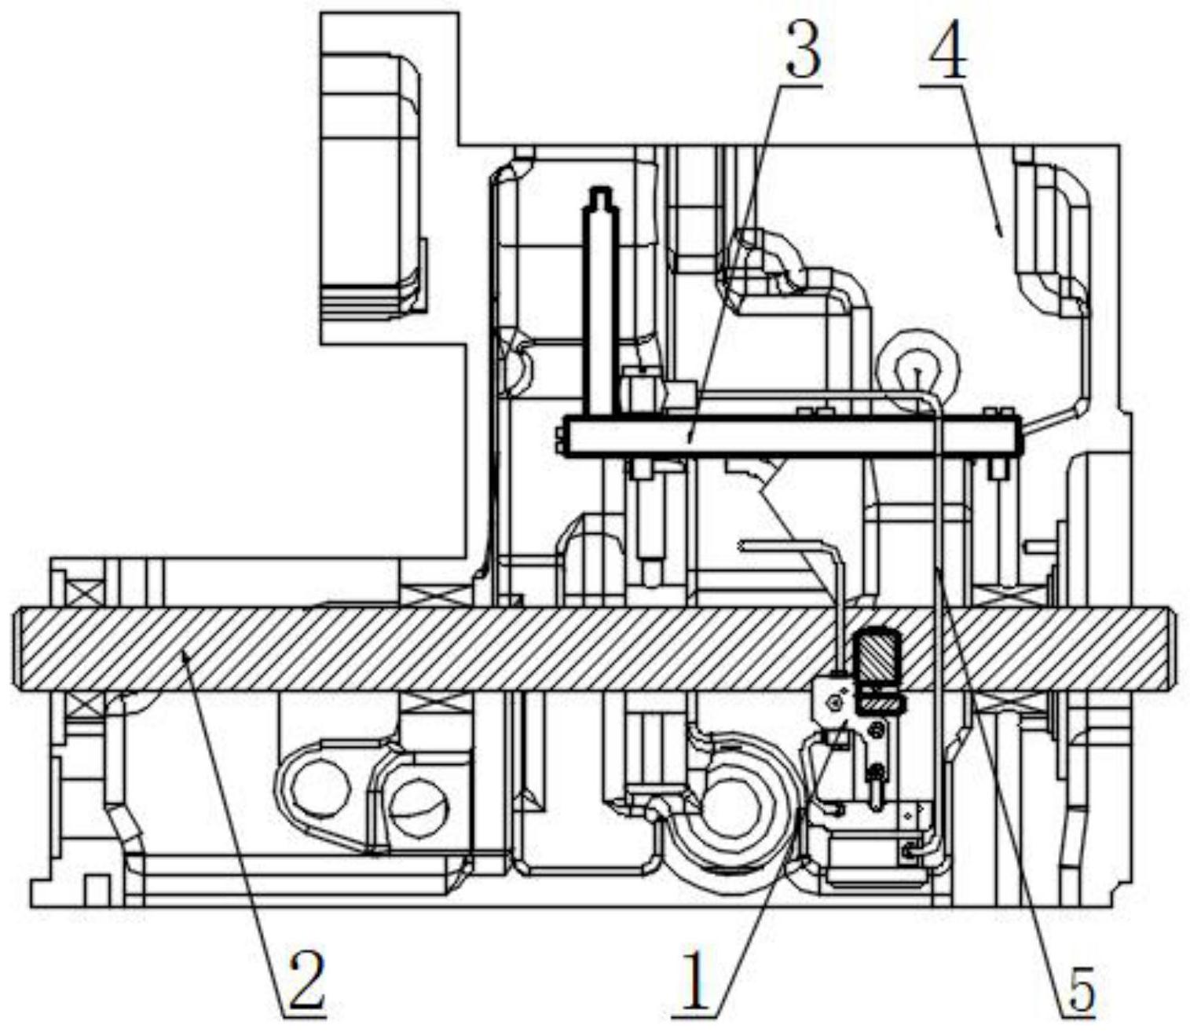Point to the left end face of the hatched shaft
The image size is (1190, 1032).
click(15, 648)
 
